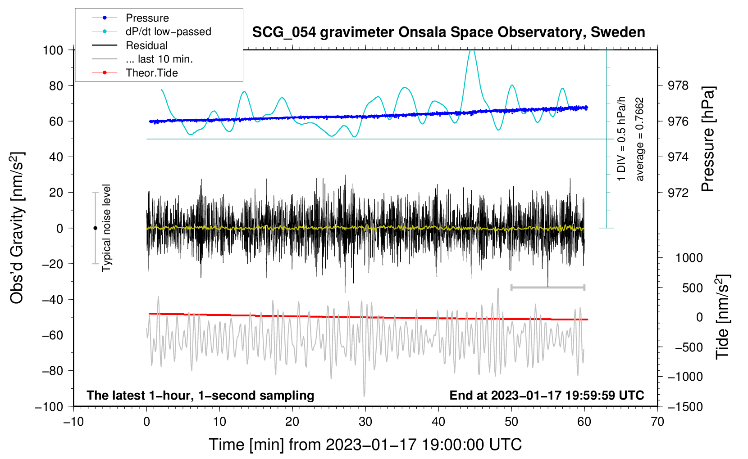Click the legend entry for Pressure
click(147, 18)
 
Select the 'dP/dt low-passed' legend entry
click(168, 31)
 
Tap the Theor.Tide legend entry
click(151, 73)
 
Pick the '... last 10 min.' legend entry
click(159, 59)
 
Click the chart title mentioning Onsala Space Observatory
click(448, 32)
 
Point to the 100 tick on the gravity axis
click(53, 50)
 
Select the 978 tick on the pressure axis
click(678, 85)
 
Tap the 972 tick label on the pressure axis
click(678, 193)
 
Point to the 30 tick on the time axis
click(365, 422)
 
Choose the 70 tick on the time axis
click(657, 422)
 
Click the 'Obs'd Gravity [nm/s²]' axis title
click(17, 228)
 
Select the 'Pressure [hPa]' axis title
click(708, 139)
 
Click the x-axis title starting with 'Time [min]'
click(365, 445)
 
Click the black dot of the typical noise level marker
click(95, 228)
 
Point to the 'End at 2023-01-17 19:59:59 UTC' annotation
click(547, 395)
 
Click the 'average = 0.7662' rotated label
click(640, 139)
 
